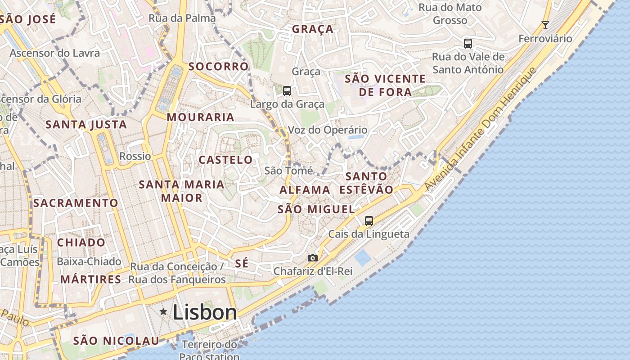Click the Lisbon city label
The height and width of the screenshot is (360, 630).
(x=205, y=312)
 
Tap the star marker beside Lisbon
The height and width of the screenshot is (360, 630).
(x=163, y=311)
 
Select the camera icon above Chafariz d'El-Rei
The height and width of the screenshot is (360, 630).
(x=313, y=258)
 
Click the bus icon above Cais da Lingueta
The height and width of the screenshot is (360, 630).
(x=369, y=220)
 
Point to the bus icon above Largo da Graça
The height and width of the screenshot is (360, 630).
(x=287, y=91)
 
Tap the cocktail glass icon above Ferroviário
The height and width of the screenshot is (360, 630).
(x=545, y=25)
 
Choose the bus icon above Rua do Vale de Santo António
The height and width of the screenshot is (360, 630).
(x=468, y=44)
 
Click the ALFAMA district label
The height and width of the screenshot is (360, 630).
(x=305, y=190)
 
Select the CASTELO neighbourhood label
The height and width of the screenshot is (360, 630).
(x=226, y=160)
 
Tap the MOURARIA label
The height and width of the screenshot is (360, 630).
(x=201, y=117)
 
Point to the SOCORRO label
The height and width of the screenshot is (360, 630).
(x=219, y=67)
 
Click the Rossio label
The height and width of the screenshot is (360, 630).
(x=135, y=156)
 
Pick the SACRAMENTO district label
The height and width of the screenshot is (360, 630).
(x=76, y=203)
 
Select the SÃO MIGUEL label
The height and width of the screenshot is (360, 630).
(x=316, y=209)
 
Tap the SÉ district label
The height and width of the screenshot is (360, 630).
(x=242, y=264)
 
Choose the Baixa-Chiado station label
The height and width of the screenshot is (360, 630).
(x=89, y=261)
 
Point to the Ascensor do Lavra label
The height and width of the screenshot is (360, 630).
(x=55, y=53)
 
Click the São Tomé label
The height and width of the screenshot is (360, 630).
(x=288, y=171)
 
